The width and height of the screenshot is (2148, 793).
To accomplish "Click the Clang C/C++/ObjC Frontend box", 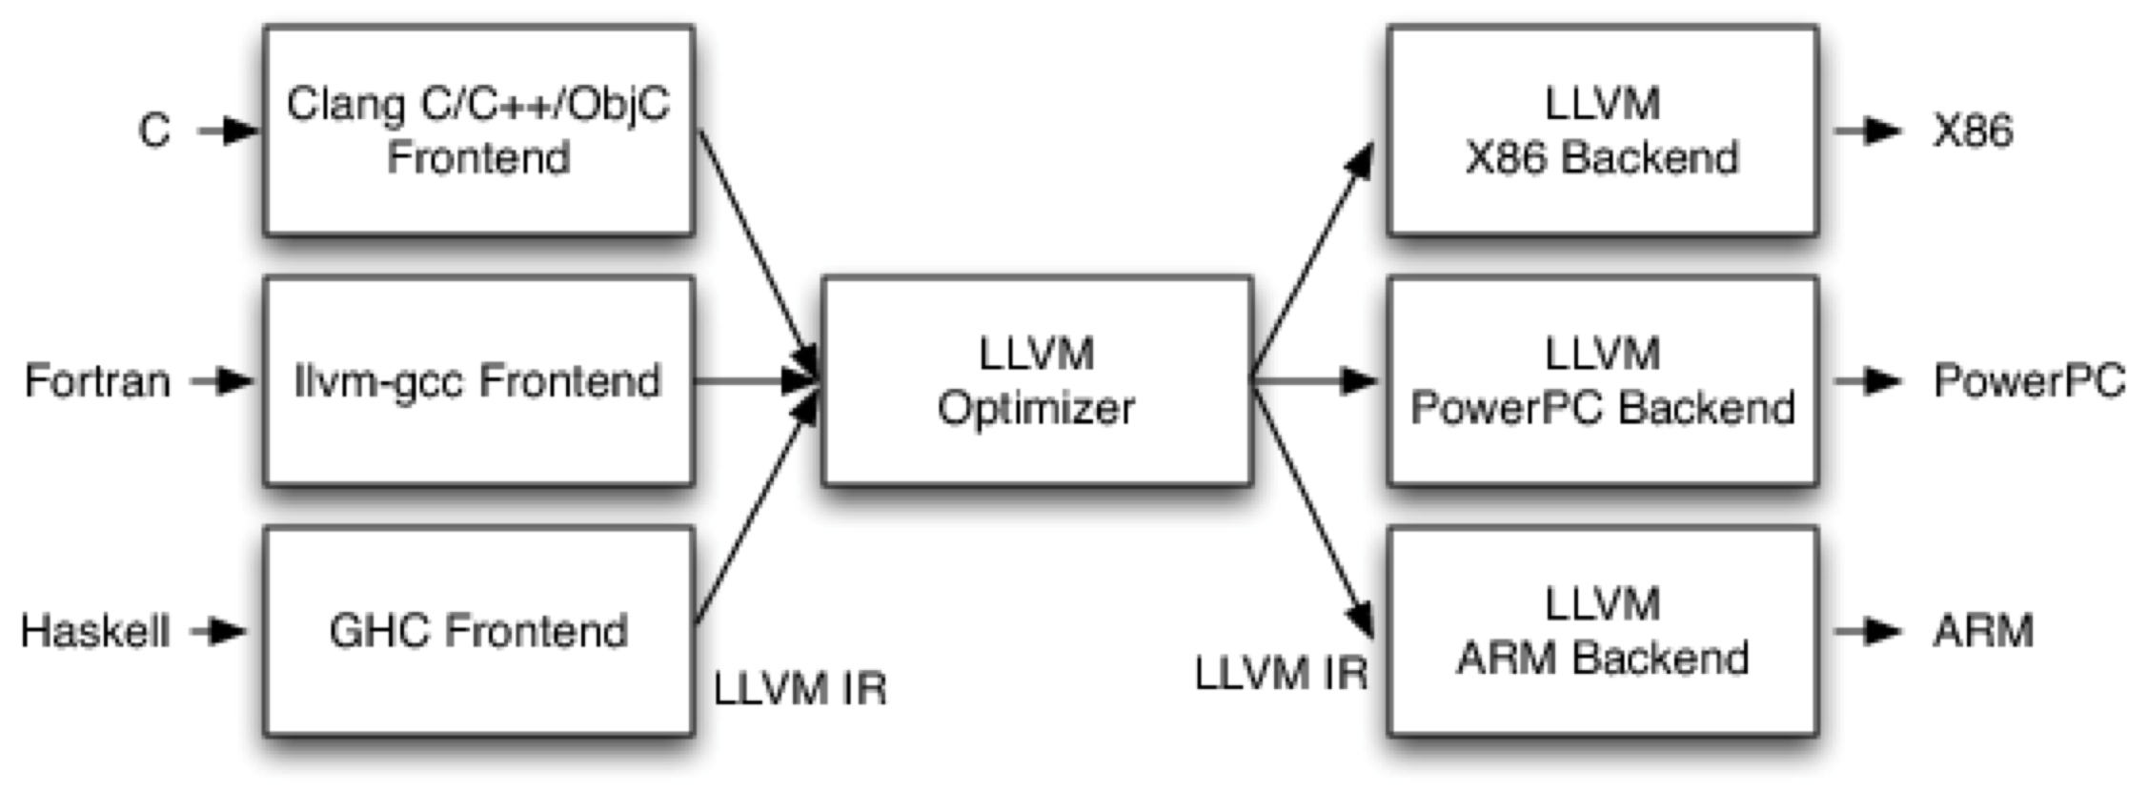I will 478,131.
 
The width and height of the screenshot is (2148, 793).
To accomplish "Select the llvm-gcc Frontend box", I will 478,381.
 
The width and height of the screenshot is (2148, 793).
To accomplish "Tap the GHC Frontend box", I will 478,631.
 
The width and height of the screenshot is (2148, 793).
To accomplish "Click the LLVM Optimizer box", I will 1036,381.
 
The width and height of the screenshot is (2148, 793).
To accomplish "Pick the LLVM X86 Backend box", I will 1602,131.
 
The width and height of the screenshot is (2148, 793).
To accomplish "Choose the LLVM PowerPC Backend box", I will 1602,381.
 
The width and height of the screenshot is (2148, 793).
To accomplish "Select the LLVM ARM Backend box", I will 1602,631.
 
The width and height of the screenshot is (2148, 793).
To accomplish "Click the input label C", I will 154,131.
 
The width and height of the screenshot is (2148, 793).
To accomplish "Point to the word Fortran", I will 97,381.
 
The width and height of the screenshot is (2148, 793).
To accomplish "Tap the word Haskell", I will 95,631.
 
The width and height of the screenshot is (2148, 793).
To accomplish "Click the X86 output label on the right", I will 1973,131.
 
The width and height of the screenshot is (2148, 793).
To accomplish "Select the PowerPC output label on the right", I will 2029,381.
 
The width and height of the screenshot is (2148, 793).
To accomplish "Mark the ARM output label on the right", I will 1983,631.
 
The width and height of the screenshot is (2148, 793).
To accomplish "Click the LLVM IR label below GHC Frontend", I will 800,688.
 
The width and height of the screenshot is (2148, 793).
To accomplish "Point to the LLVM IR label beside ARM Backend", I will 1280,674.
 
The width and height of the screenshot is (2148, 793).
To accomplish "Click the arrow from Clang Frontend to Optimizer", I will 758,253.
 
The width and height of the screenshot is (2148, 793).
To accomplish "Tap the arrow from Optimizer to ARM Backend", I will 1312,505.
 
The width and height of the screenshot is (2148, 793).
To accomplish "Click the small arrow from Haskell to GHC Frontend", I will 219,631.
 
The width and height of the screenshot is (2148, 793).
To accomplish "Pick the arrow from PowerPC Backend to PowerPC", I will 1868,381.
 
